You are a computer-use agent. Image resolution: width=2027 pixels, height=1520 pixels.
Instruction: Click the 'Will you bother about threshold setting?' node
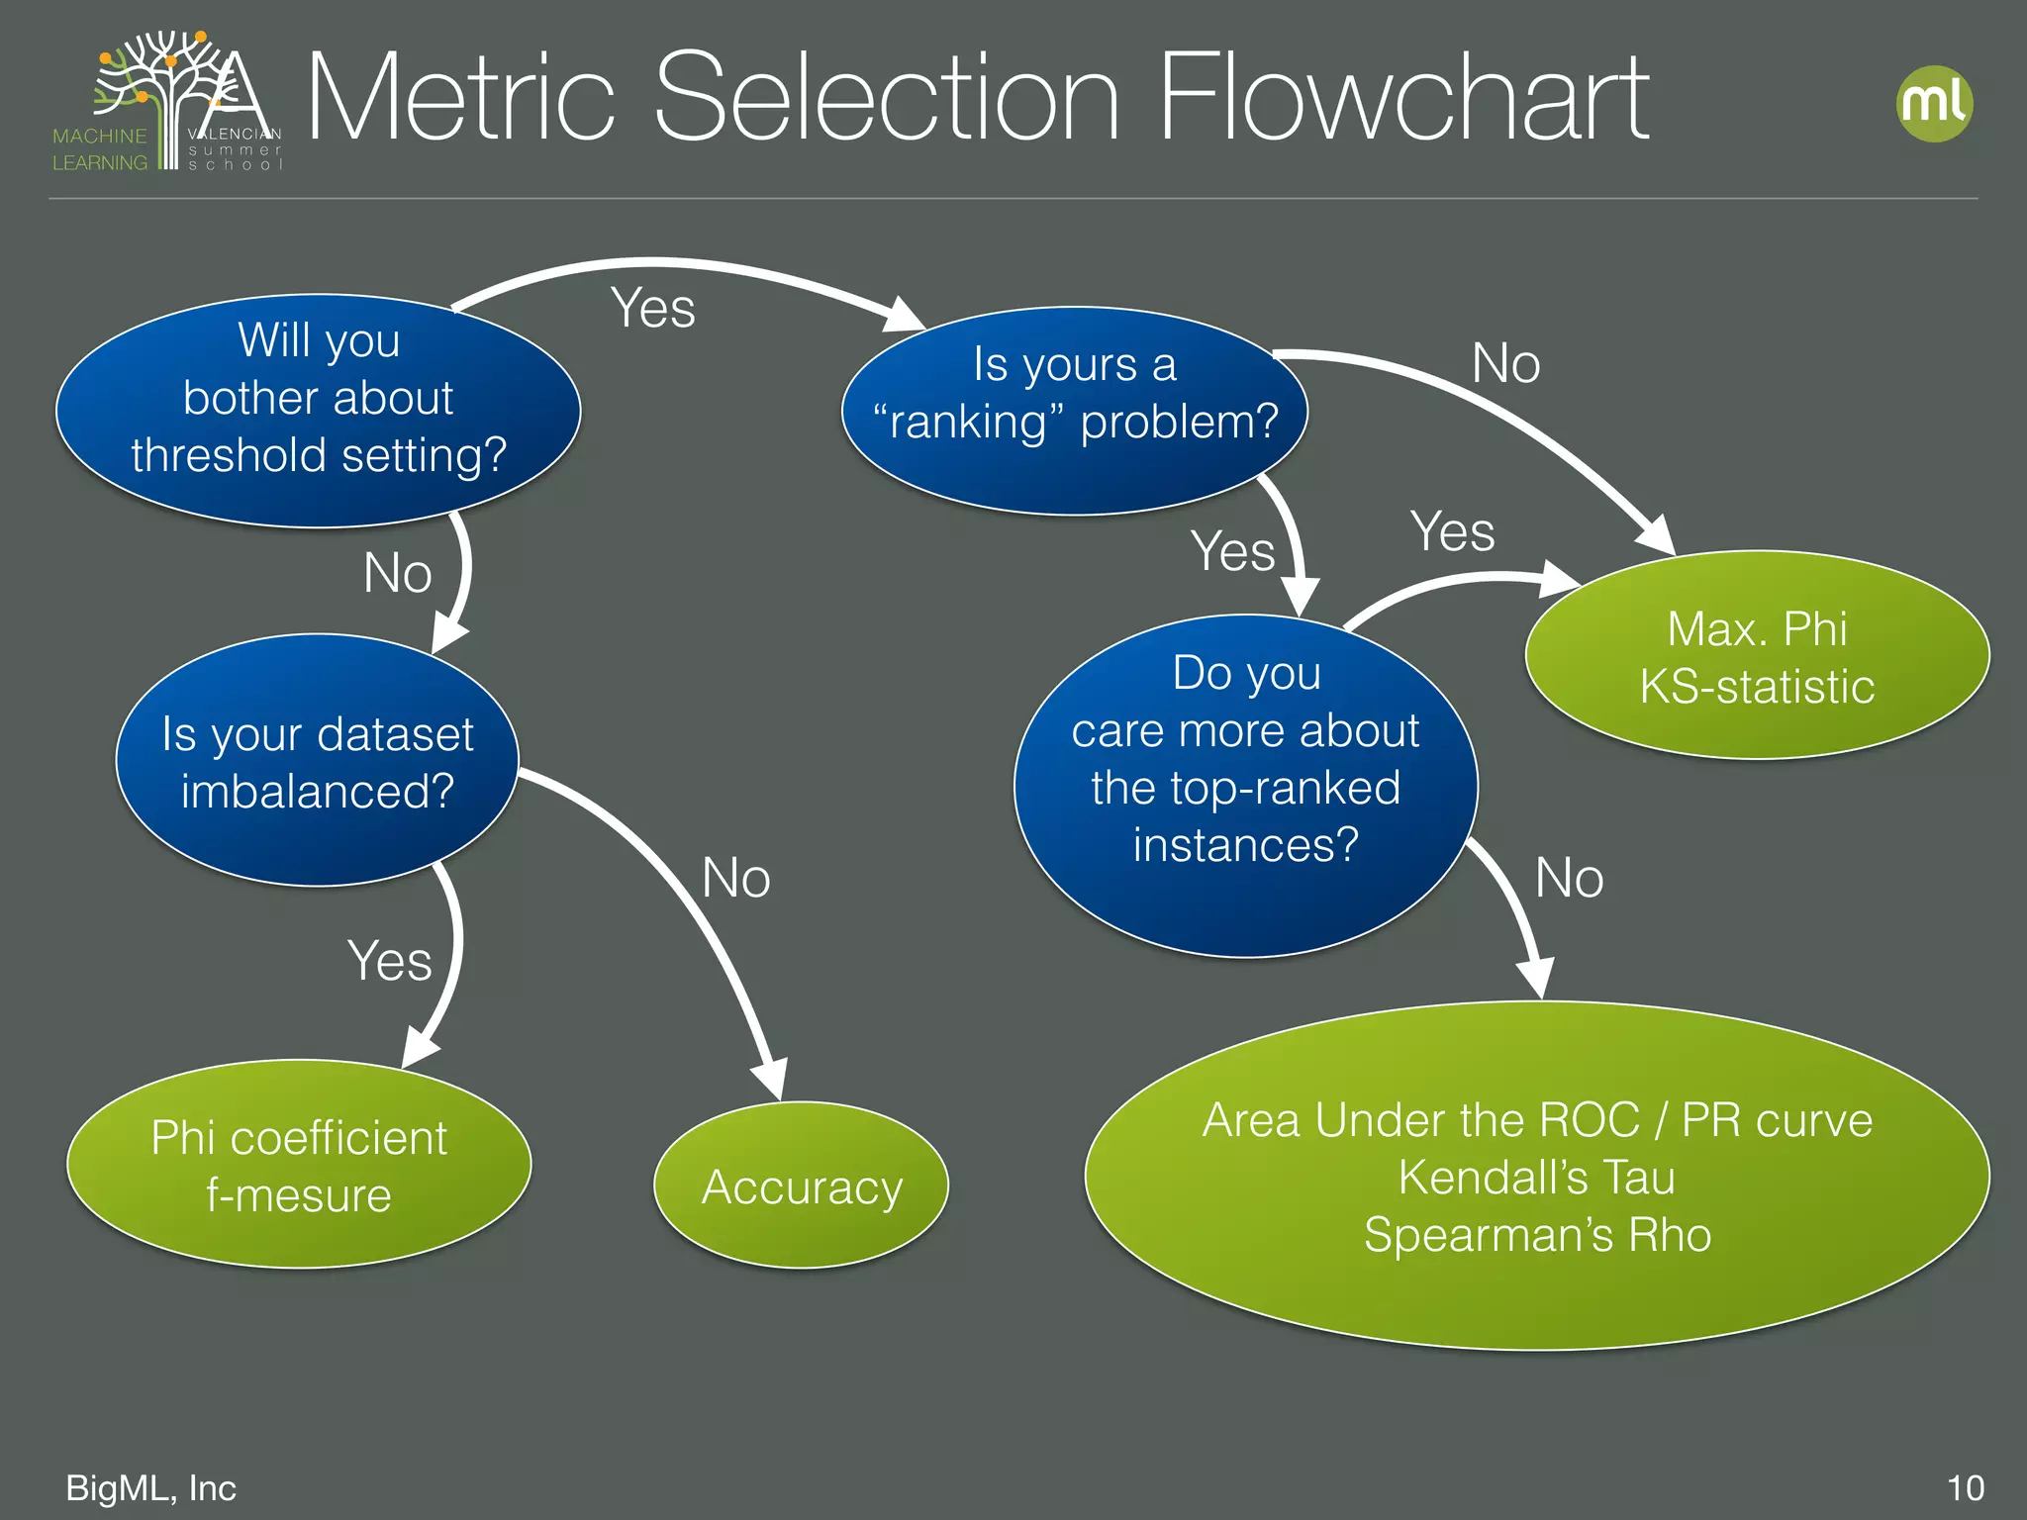pyautogui.click(x=318, y=409)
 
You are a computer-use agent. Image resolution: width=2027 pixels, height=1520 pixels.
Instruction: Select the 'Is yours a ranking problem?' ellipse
pyautogui.click(x=1075, y=409)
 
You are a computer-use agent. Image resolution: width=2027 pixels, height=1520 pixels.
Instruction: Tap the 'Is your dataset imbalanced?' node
pyautogui.click(x=318, y=760)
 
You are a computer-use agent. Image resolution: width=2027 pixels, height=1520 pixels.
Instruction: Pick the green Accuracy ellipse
pyautogui.click(x=801, y=1186)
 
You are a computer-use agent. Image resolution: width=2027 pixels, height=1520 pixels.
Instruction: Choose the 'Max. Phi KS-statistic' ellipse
pyautogui.click(x=1757, y=656)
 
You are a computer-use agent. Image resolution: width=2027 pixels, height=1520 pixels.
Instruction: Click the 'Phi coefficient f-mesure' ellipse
pyautogui.click(x=299, y=1164)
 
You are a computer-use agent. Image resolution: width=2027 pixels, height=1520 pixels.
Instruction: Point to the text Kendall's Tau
pyautogui.click(x=1536, y=1177)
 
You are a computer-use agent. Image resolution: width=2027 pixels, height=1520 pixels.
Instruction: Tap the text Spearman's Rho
pyautogui.click(x=1537, y=1234)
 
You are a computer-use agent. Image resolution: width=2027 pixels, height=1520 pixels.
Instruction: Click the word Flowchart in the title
pyautogui.click(x=1402, y=99)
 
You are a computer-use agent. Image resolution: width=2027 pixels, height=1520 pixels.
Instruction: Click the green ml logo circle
pyautogui.click(x=1935, y=104)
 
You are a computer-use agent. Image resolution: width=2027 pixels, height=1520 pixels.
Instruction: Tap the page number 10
pyautogui.click(x=1965, y=1487)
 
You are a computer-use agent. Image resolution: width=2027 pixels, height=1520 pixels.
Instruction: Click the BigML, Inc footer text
pyautogui.click(x=150, y=1487)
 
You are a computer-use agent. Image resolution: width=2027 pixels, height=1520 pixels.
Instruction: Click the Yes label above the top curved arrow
pyautogui.click(x=652, y=308)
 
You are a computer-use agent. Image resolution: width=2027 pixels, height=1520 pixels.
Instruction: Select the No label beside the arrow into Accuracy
pyautogui.click(x=735, y=878)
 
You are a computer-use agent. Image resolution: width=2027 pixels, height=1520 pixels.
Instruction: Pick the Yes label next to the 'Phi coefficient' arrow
pyautogui.click(x=389, y=961)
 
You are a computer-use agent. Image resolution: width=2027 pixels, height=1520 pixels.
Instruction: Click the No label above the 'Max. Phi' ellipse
pyautogui.click(x=1505, y=363)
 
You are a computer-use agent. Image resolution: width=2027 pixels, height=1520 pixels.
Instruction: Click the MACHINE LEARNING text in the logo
pyautogui.click(x=100, y=148)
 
